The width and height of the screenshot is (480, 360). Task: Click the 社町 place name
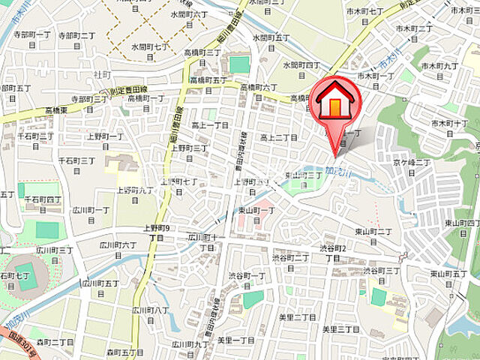[103, 75]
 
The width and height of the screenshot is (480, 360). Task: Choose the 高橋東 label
[55, 109]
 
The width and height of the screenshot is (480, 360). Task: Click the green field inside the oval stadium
[26, 277]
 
